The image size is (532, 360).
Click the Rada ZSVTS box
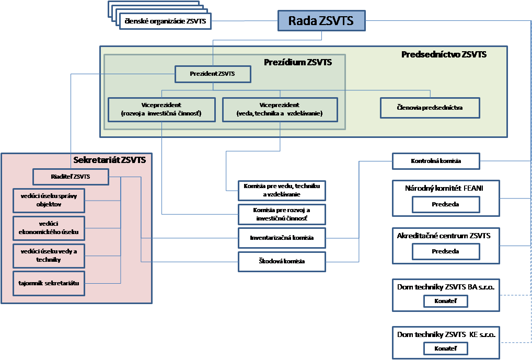click(321, 21)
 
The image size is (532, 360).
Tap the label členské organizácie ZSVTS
click(166, 21)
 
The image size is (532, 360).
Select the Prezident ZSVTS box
click(212, 74)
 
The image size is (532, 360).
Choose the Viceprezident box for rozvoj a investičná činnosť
click(161, 109)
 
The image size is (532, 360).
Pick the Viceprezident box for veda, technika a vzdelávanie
click(280, 109)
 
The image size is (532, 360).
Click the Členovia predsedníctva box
click(430, 108)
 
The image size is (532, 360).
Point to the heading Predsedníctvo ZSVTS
click(444, 54)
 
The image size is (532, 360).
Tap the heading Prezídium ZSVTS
click(298, 62)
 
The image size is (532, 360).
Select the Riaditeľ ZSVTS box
click(71, 177)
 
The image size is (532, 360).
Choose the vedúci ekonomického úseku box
click(49, 228)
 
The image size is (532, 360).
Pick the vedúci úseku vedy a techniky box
click(49, 256)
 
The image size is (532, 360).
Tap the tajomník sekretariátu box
click(49, 283)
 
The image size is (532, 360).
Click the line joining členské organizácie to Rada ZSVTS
click(244, 21)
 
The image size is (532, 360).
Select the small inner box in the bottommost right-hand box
click(445, 349)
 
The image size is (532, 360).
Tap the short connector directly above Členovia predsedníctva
click(430, 94)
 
